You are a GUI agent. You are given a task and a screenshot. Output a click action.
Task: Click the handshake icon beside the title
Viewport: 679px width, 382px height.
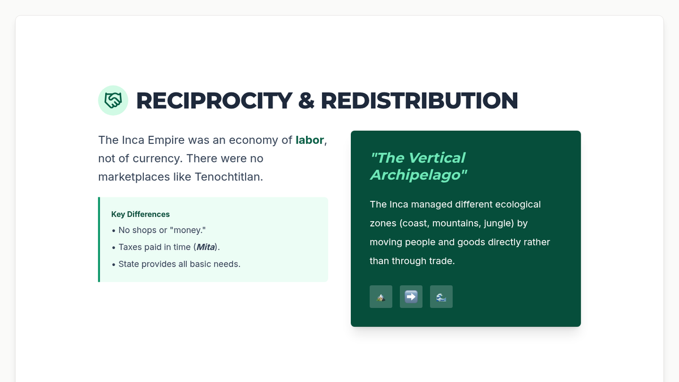(x=113, y=100)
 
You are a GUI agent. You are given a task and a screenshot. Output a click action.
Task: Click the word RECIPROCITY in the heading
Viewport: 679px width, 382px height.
(x=214, y=101)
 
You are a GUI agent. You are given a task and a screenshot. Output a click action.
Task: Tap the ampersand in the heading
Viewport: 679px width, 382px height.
(x=306, y=101)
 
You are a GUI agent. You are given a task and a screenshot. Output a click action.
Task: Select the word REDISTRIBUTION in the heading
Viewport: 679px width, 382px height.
(x=419, y=101)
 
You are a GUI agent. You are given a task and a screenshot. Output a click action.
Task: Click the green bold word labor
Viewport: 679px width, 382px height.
(x=310, y=140)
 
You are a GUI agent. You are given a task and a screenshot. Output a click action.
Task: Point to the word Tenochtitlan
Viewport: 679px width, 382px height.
(x=229, y=177)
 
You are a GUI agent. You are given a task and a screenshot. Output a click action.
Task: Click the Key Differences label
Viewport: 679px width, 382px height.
(x=140, y=214)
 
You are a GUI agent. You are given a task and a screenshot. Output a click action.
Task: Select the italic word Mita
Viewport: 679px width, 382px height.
(x=205, y=247)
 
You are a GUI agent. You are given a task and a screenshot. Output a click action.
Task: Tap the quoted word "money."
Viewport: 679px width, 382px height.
(x=188, y=230)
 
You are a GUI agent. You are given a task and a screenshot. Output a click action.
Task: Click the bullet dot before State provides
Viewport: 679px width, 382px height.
(x=114, y=265)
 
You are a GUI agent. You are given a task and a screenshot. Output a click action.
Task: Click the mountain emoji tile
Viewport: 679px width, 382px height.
(x=381, y=297)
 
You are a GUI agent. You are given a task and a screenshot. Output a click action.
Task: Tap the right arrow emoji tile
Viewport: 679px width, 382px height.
(x=411, y=297)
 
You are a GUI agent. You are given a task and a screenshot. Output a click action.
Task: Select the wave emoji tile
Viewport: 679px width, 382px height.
(x=441, y=297)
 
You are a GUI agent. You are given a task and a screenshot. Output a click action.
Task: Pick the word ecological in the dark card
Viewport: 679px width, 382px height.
(x=518, y=204)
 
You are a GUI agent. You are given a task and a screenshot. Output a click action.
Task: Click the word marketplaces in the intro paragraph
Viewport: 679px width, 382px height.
(x=134, y=177)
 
